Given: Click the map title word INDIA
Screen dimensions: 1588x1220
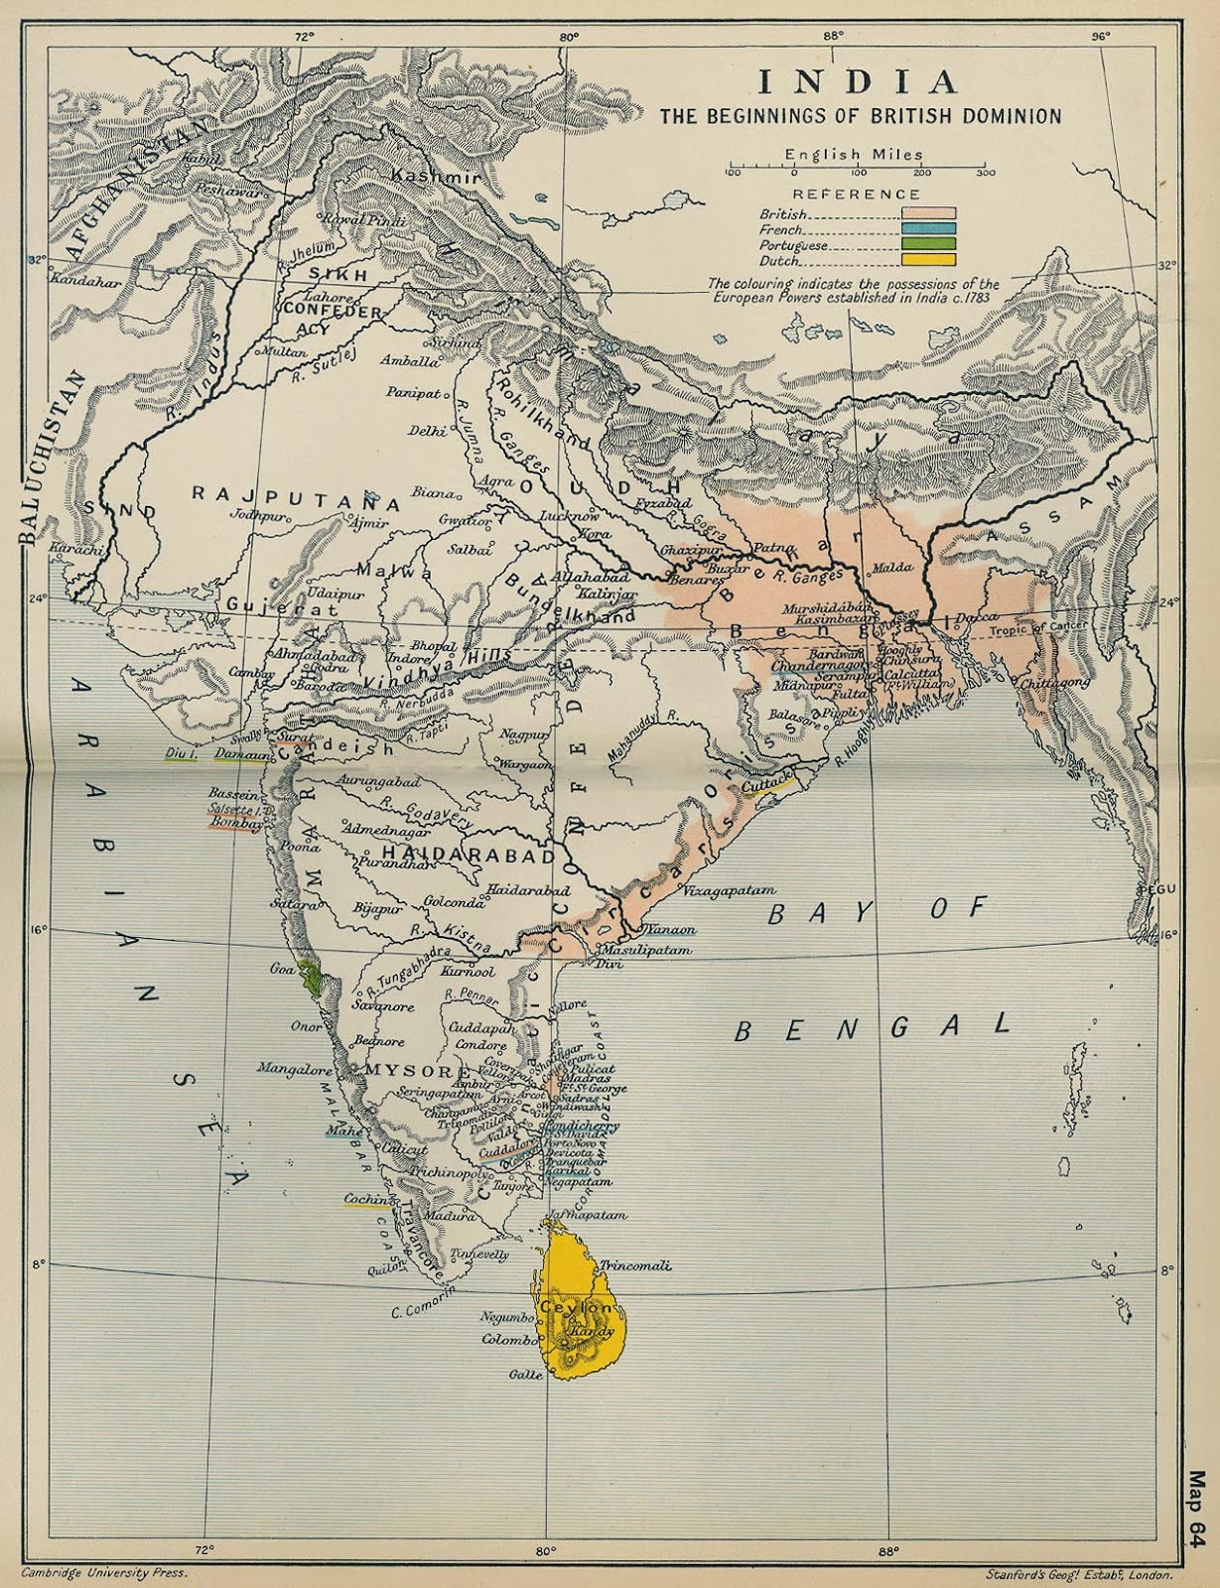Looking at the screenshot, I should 860,81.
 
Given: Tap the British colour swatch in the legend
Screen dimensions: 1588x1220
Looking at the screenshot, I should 928,212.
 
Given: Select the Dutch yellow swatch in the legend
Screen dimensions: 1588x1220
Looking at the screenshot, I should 928,260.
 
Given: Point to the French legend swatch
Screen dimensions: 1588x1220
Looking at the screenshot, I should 928,228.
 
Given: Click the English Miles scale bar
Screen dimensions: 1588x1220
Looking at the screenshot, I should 859,172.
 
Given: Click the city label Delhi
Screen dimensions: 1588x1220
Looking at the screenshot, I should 426,431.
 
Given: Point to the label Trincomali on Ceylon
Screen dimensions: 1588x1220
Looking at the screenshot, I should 636,1265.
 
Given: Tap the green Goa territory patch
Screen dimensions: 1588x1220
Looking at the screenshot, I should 314,978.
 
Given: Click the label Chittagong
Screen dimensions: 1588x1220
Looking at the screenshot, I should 1053,683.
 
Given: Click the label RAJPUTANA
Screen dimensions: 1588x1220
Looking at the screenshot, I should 295,496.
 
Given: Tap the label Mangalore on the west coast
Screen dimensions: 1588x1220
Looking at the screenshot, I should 294,1069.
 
